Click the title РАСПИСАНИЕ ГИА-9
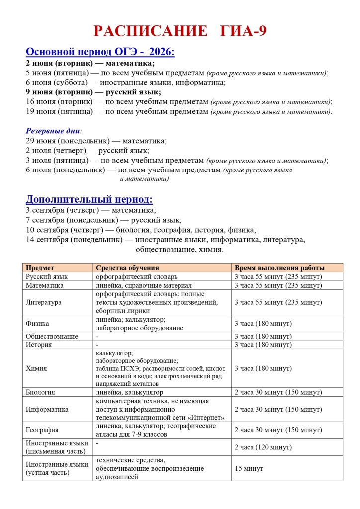point(180,31)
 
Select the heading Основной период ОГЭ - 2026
point(99,52)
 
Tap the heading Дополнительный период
point(89,199)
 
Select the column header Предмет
point(40,268)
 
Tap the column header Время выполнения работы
point(279,268)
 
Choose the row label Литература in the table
point(44,302)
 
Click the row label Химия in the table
point(36,368)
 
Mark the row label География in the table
point(42,430)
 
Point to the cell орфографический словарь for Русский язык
point(137,276)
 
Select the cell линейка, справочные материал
point(142,286)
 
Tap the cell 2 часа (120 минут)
point(263,447)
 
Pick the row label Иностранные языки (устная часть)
point(57,468)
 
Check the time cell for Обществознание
point(263,336)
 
